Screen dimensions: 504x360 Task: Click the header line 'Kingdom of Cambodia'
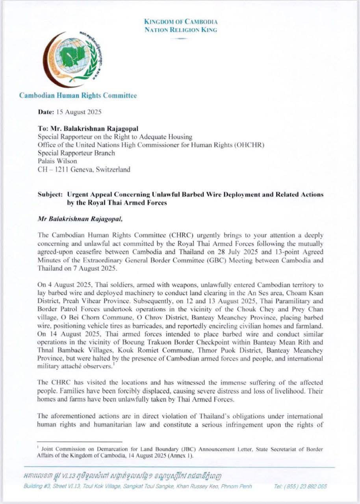point(181,22)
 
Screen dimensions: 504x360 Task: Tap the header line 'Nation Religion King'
point(181,30)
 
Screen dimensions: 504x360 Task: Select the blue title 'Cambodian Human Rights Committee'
point(78,96)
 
